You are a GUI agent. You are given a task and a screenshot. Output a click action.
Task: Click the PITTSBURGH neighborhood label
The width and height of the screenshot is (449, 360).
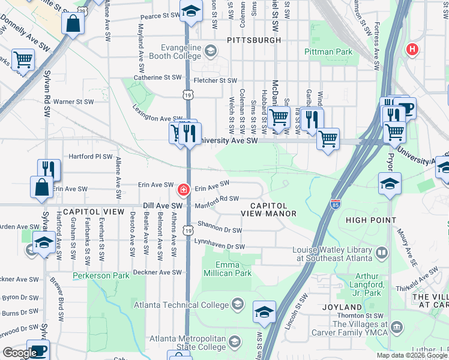point(254,40)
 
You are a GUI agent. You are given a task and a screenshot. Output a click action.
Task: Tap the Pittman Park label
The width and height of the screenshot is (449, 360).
point(328,52)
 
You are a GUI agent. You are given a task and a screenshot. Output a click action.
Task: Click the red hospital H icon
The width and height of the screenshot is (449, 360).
point(412,49)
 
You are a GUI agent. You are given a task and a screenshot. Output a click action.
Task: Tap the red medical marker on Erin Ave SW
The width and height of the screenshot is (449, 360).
point(182,190)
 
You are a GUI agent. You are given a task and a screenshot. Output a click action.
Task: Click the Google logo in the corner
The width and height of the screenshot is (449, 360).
point(19,352)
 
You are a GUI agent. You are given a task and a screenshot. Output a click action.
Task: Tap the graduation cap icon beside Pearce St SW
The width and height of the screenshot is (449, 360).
point(191,12)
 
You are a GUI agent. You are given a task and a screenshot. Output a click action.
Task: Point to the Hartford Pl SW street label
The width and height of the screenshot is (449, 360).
point(91,157)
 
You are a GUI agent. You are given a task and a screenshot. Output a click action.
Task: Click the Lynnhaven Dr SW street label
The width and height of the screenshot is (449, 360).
point(219,247)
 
